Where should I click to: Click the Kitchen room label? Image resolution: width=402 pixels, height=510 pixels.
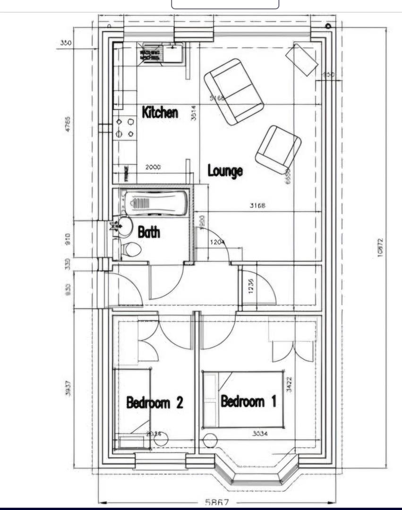(x=160, y=112)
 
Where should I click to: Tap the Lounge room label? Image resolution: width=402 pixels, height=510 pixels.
(x=225, y=170)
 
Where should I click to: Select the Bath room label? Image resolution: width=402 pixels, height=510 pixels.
(x=149, y=232)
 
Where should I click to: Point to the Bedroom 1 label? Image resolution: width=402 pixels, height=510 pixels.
(x=248, y=401)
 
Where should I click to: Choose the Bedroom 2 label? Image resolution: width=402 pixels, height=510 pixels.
(x=154, y=403)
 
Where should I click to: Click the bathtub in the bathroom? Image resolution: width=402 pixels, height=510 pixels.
(x=154, y=204)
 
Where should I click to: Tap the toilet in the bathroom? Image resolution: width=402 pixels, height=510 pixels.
(x=131, y=249)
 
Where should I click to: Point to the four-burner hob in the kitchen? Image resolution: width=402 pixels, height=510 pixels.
(x=125, y=128)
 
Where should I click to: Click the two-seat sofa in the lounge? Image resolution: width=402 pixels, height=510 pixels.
(x=234, y=92)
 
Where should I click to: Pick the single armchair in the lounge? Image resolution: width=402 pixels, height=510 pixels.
(x=278, y=149)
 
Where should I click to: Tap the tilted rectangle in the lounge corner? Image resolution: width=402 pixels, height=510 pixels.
(x=302, y=59)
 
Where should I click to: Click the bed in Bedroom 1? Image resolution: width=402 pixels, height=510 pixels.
(x=244, y=399)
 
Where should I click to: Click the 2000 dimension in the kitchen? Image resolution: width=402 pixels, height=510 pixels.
(x=153, y=167)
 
